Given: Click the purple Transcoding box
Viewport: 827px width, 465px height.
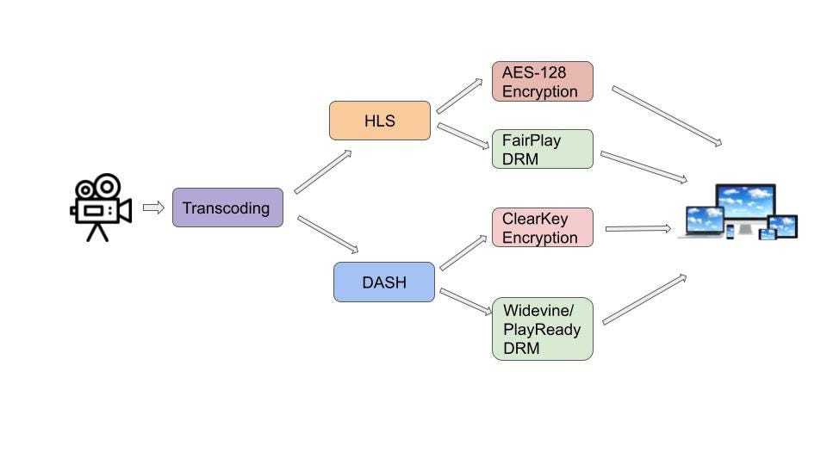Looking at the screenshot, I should (227, 208).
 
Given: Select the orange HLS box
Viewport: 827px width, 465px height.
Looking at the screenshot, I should (379, 121).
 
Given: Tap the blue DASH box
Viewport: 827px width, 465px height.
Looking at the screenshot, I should (384, 282).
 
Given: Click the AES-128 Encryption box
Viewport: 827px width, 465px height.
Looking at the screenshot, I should (542, 82).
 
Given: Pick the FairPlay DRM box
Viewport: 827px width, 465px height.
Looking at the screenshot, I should (542, 149).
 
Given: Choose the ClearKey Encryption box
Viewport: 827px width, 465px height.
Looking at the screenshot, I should (542, 227).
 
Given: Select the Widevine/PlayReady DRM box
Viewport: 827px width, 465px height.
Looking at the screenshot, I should (542, 329).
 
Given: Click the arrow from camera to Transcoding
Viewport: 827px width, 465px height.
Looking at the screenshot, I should (153, 208).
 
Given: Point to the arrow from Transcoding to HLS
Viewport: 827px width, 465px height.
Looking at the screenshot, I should (323, 171).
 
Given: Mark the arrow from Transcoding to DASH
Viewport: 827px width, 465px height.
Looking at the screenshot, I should (327, 234).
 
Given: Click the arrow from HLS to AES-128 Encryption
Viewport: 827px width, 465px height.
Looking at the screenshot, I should (459, 96).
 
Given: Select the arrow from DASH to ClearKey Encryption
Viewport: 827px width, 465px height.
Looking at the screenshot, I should (463, 252).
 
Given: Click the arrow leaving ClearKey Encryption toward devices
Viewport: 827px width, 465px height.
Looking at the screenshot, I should (637, 228).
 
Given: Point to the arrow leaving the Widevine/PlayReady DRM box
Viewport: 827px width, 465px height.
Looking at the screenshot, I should (644, 299).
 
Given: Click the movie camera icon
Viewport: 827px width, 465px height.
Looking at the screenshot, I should (100, 207).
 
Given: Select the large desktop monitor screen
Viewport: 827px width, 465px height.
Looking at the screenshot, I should (746, 203).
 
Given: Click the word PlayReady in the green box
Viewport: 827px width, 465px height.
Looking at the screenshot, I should (542, 329).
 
